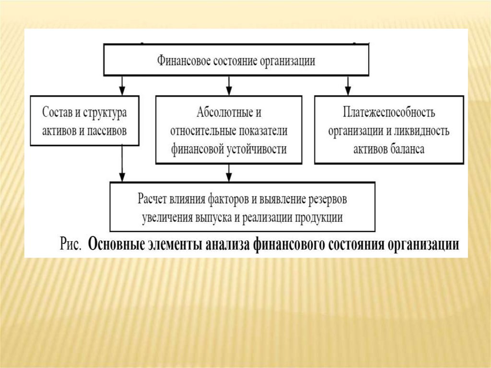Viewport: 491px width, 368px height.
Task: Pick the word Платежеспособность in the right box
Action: coord(389,113)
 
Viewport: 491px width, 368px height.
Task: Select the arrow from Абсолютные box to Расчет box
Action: coord(229,172)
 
